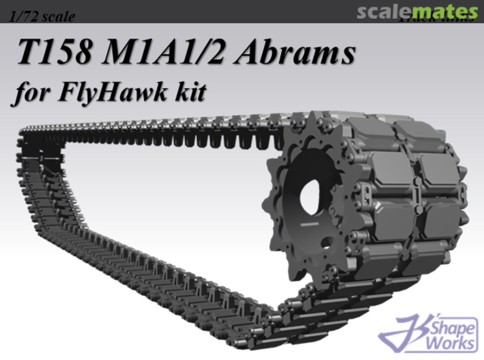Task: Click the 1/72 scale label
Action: coord(42,17)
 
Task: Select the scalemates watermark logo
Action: coord(417,12)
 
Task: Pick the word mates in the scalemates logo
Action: coord(449,12)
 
